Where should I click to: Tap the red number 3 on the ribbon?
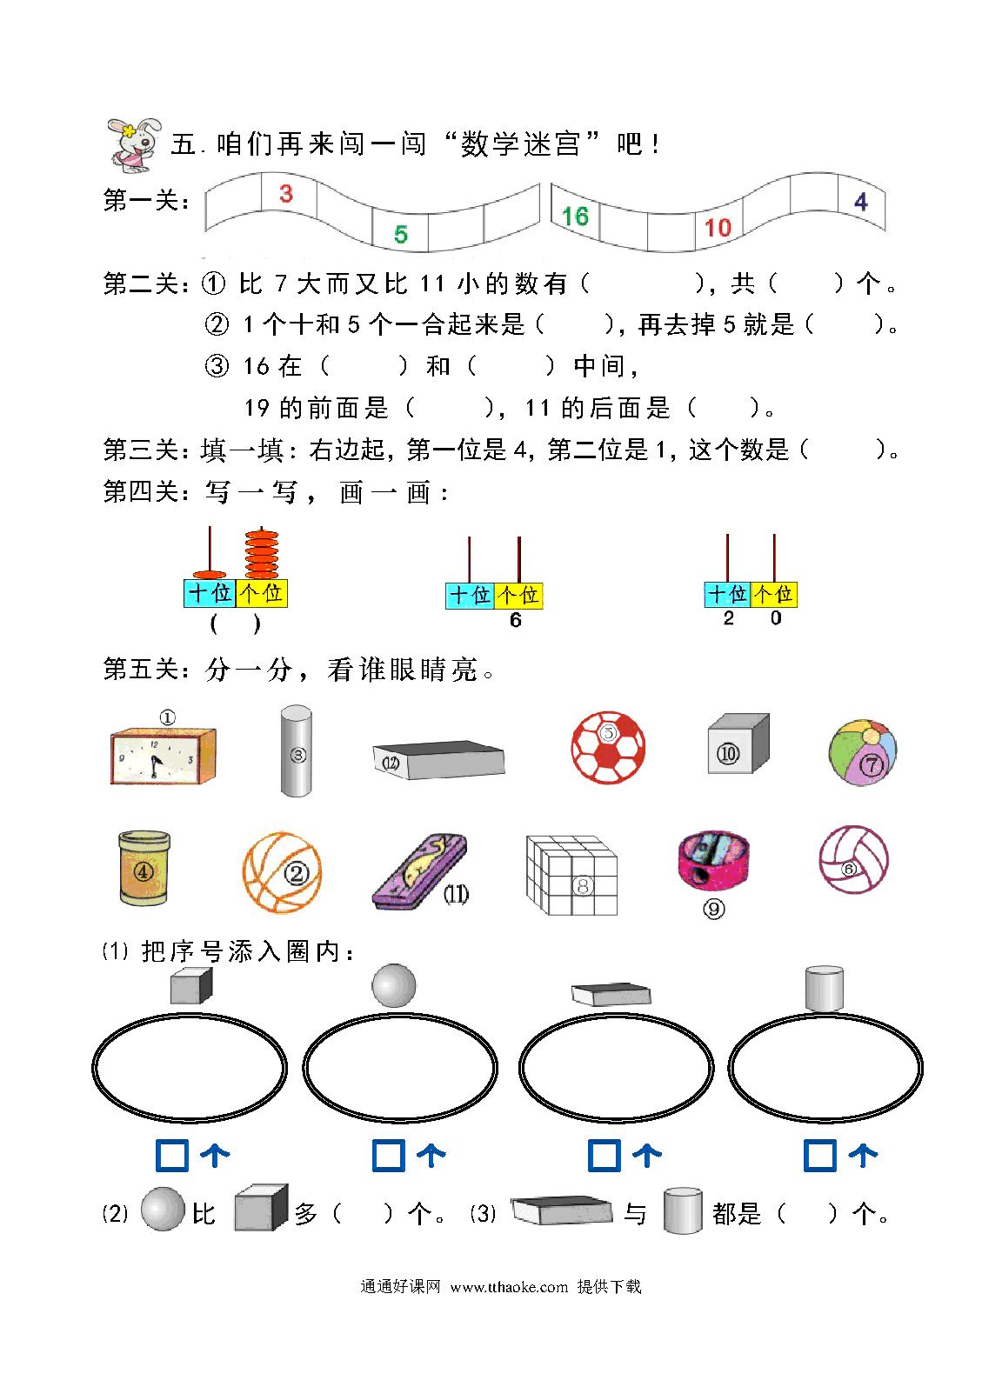(285, 194)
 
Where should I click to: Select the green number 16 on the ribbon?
(575, 217)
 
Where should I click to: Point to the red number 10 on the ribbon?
(718, 228)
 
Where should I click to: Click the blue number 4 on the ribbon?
(861, 202)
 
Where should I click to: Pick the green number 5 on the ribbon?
(401, 235)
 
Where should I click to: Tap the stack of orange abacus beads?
(261, 553)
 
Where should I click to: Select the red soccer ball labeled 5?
(607, 747)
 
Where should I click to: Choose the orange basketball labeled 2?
(282, 872)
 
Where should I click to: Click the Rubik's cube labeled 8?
(571, 874)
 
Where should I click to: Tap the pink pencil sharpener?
(713, 859)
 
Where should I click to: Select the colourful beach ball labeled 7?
(863, 751)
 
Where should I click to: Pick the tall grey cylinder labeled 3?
(296, 750)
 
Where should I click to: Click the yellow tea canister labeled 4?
(144, 868)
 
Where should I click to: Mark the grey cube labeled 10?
(738, 743)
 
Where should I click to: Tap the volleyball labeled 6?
(853, 859)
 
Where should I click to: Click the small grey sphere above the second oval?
(394, 985)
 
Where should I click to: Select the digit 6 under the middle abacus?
(515, 620)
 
